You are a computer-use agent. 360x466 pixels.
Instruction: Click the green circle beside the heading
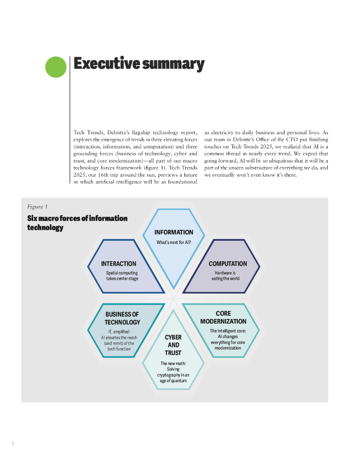pos(56,67)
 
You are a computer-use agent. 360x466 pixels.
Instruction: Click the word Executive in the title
pos(106,64)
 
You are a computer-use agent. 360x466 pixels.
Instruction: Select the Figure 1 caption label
pos(37,207)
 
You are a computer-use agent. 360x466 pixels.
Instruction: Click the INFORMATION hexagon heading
pos(173,232)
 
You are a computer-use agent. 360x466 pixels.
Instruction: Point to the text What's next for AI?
pos(173,243)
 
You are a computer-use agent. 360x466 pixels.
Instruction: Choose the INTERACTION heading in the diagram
pos(118,263)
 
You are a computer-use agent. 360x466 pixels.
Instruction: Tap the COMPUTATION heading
pos(228,263)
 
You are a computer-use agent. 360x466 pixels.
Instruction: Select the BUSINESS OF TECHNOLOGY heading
pos(122,318)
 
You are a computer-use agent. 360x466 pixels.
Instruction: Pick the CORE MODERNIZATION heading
pos(223,317)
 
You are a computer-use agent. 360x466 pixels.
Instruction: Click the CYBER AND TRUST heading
pos(173,345)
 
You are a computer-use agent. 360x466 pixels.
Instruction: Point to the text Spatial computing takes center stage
pos(122,276)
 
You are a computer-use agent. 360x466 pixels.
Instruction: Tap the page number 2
pos(13,443)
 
